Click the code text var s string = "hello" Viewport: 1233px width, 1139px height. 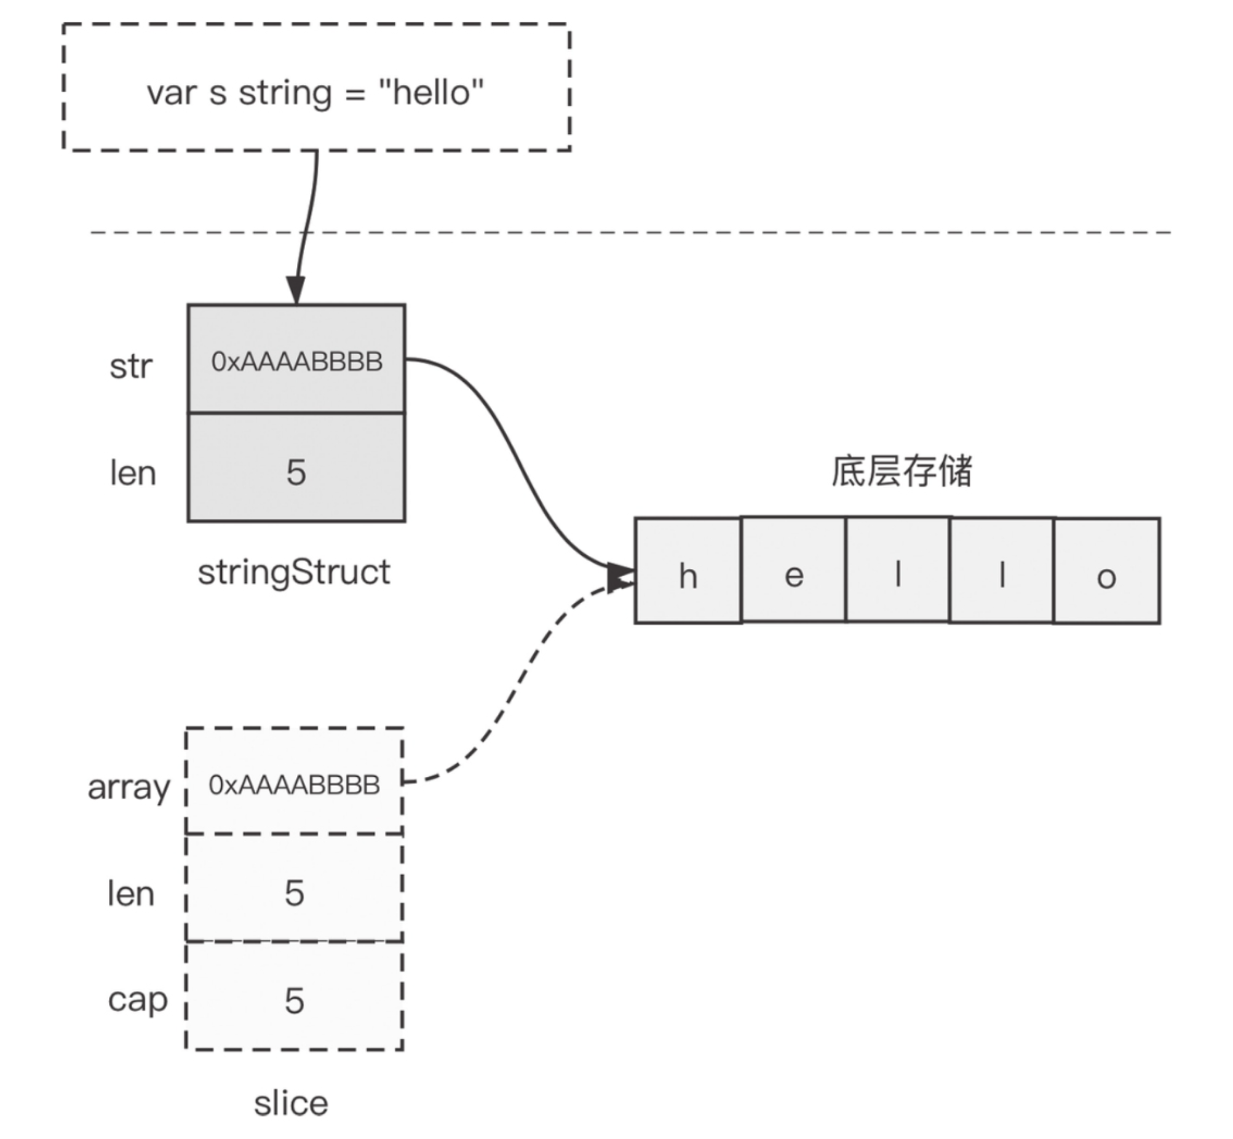tap(315, 93)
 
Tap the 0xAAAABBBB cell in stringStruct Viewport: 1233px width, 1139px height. tap(296, 360)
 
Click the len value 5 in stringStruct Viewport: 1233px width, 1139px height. tap(296, 472)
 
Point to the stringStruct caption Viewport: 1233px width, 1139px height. tap(294, 572)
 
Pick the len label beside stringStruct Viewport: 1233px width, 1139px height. tap(132, 474)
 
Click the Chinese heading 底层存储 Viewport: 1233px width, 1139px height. tap(902, 472)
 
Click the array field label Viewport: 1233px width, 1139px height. tap(128, 787)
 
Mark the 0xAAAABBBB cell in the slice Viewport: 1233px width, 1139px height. tap(295, 784)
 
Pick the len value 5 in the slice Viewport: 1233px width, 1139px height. tap(295, 892)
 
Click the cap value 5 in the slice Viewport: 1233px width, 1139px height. tap(295, 1000)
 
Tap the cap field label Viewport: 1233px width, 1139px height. tap(137, 1000)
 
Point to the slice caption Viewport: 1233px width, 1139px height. tap(291, 1103)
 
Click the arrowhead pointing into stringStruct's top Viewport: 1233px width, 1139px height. tap(296, 290)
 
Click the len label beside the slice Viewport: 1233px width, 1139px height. tap(130, 894)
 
